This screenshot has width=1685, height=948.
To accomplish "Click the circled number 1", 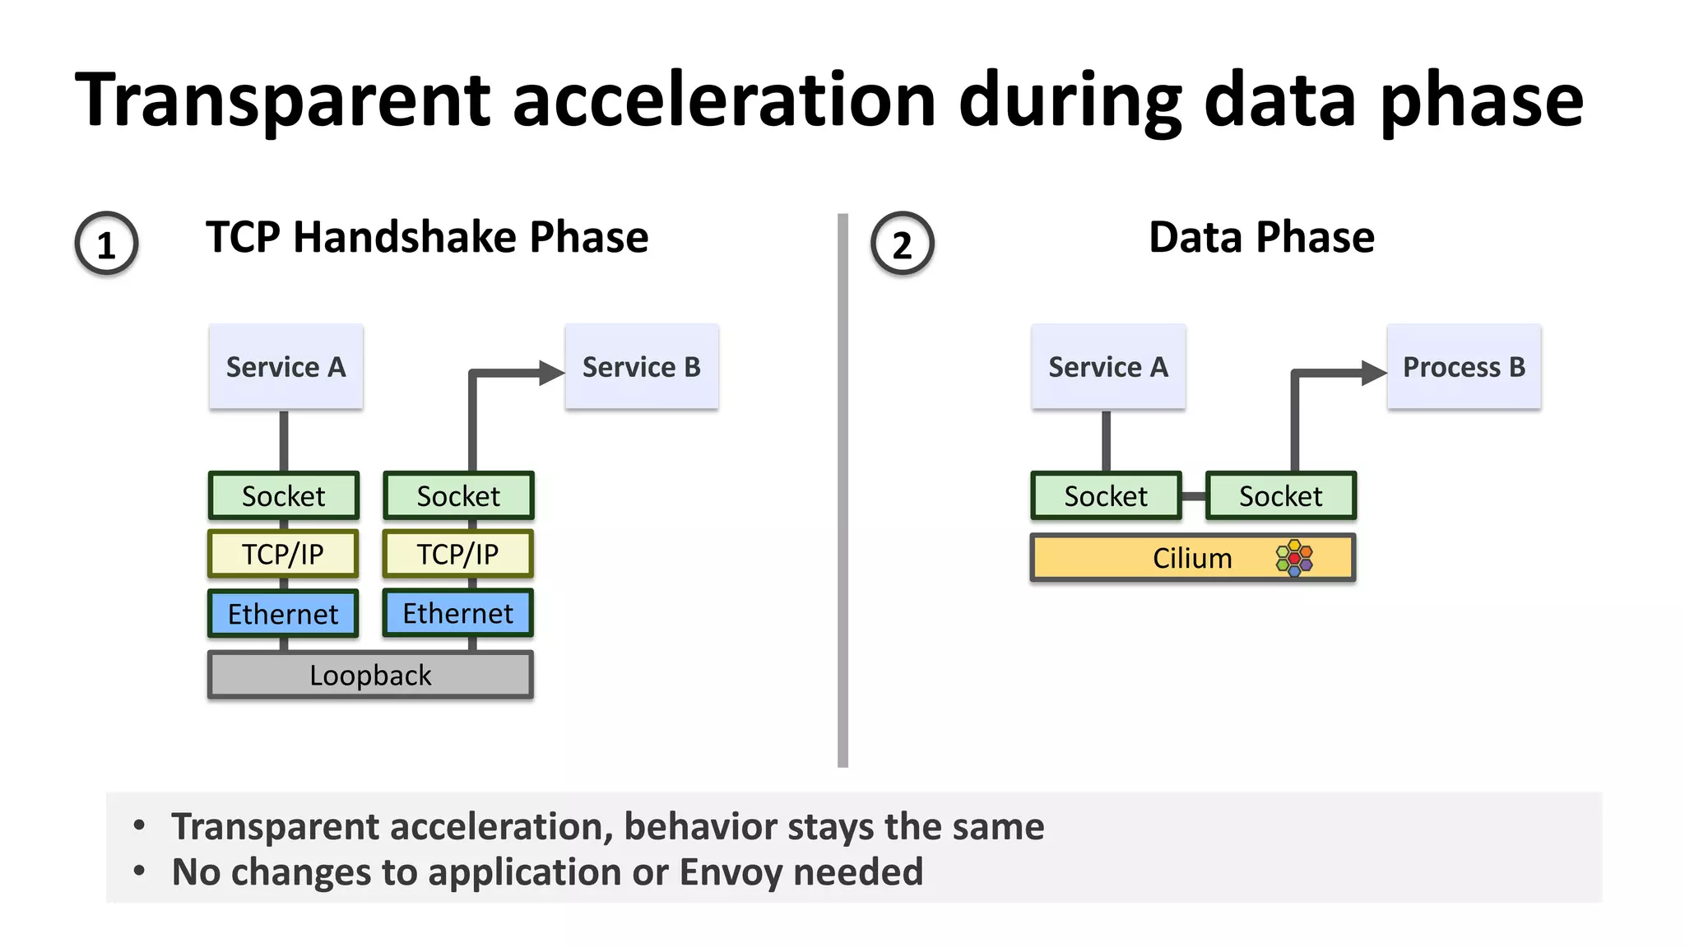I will [106, 244].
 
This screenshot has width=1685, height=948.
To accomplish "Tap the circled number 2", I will [902, 244].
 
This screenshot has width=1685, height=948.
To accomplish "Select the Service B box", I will [641, 366].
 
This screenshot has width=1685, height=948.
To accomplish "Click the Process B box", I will [1463, 366].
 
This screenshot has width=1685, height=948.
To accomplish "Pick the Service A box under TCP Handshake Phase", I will [285, 366].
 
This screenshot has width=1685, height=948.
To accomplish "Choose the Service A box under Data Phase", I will [1107, 366].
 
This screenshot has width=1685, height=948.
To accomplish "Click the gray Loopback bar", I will [370, 675].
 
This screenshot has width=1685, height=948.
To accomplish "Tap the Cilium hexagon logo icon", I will [1294, 558].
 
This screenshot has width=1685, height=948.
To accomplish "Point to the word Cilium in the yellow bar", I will [1191, 558].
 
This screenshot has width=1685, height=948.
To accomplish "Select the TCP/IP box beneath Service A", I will [283, 554].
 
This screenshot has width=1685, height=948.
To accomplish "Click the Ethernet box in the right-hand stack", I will [457, 613].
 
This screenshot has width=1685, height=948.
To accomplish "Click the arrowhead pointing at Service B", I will [551, 373].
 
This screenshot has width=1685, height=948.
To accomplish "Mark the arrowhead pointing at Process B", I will [1373, 373].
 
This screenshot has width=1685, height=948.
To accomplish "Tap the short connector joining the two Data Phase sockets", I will [1193, 496].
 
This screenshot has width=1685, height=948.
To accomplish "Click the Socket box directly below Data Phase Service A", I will [1106, 496].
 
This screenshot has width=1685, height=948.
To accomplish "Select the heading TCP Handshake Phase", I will [427, 237].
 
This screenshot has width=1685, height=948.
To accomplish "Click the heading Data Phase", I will [1260, 237].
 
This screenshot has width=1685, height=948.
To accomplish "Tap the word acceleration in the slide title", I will [724, 100].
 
